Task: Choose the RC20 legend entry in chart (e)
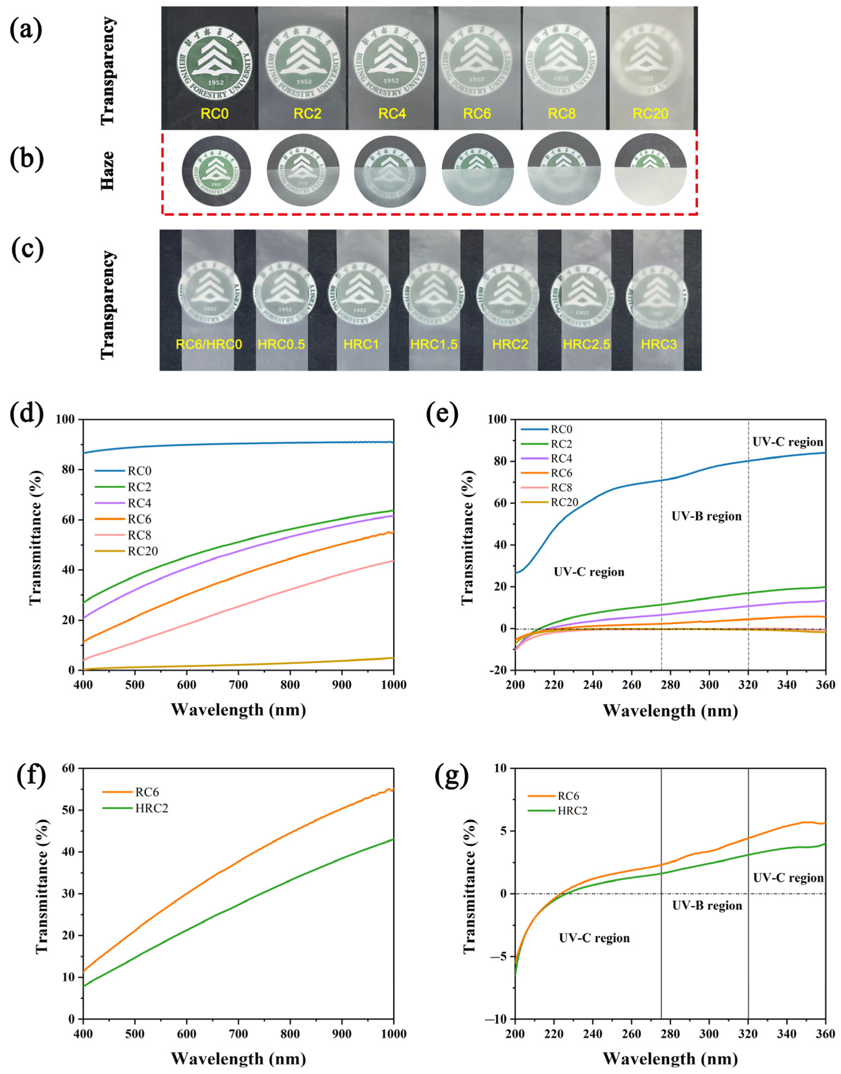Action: [x=564, y=502]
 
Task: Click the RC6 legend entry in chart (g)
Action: [x=568, y=796]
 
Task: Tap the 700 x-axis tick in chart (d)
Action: [x=238, y=685]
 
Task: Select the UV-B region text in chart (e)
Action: [x=706, y=516]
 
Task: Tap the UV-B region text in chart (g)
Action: [x=707, y=906]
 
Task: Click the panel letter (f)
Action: [x=30, y=776]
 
